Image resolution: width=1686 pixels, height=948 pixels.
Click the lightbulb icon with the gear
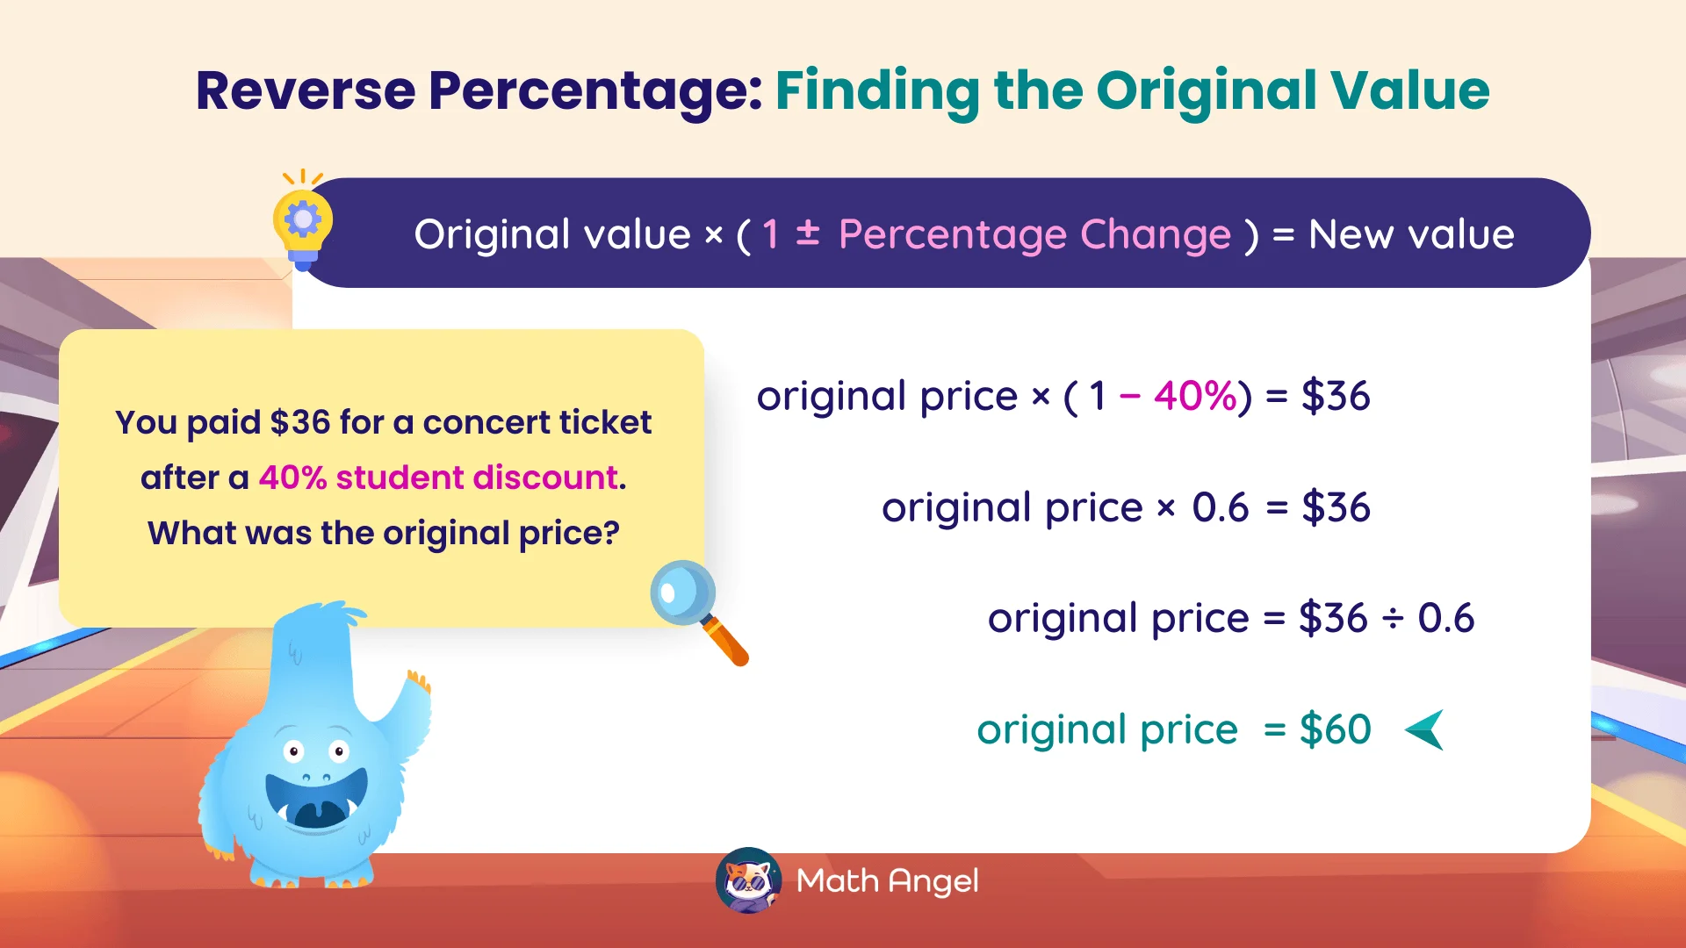(303, 222)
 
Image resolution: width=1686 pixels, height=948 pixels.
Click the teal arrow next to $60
(1425, 730)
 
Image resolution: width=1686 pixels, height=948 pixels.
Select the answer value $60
(1335, 730)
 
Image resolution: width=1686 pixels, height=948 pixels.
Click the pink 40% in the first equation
(1195, 396)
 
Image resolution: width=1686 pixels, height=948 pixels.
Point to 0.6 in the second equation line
(1220, 507)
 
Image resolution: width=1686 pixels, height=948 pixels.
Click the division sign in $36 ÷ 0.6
(1393, 619)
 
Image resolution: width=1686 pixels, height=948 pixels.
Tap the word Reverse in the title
(305, 90)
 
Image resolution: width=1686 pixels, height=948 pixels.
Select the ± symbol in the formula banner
(808, 233)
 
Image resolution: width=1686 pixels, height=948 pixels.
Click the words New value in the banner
(1411, 234)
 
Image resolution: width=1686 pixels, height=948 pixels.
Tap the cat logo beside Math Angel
(748, 880)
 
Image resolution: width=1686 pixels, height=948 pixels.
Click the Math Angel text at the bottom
(887, 880)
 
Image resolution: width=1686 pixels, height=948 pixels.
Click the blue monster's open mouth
(316, 803)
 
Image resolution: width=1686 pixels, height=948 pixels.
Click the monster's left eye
(294, 751)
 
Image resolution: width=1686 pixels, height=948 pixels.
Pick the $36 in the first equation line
(1335, 396)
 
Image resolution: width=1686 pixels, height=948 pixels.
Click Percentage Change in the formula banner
(1034, 234)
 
